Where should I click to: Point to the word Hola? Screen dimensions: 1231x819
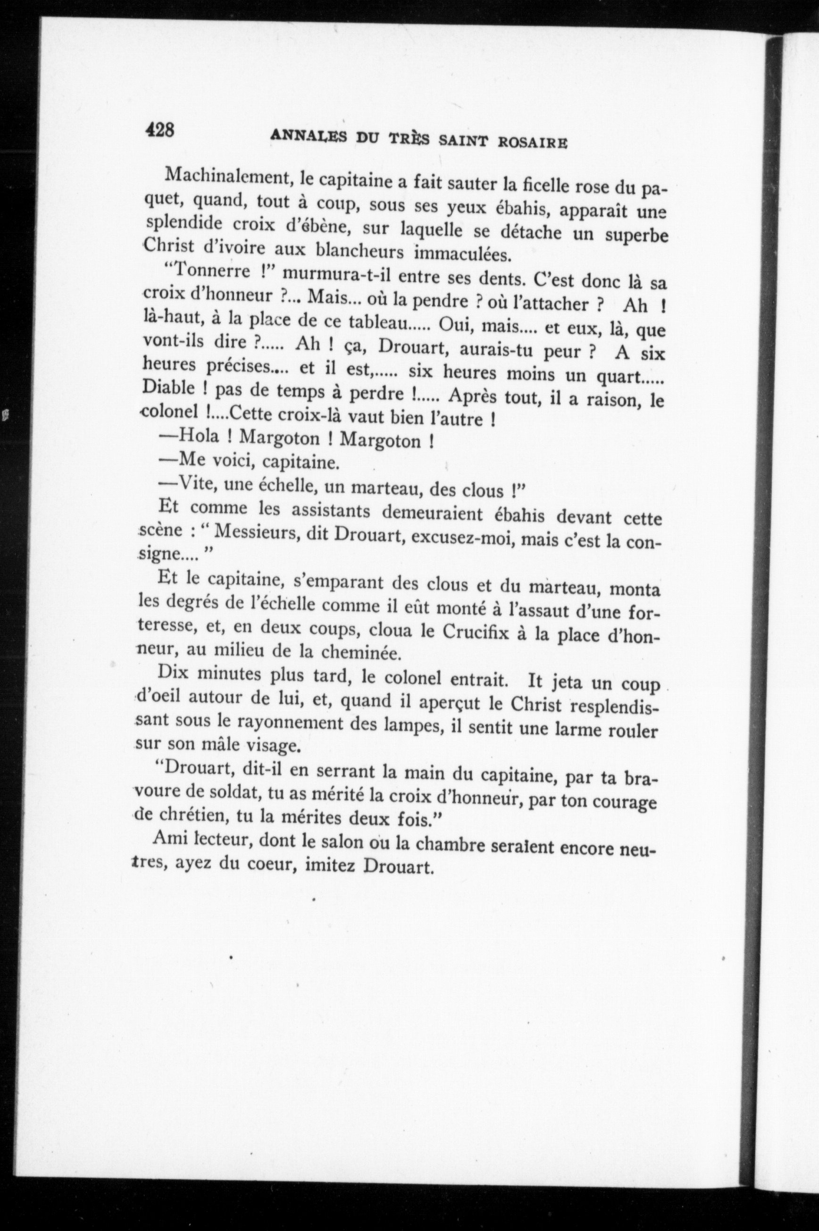(x=204, y=435)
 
